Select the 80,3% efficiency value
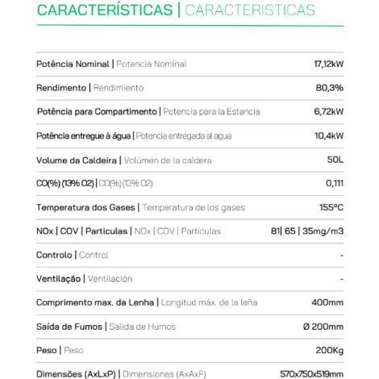(330, 87)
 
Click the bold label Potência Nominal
(74, 64)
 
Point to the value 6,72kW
(329, 111)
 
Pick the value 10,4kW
(329, 135)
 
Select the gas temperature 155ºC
(331, 207)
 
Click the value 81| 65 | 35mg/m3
(307, 231)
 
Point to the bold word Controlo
(54, 255)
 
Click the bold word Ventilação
(60, 278)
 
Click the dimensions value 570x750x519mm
(310, 373)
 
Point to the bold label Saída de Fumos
(70, 327)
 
